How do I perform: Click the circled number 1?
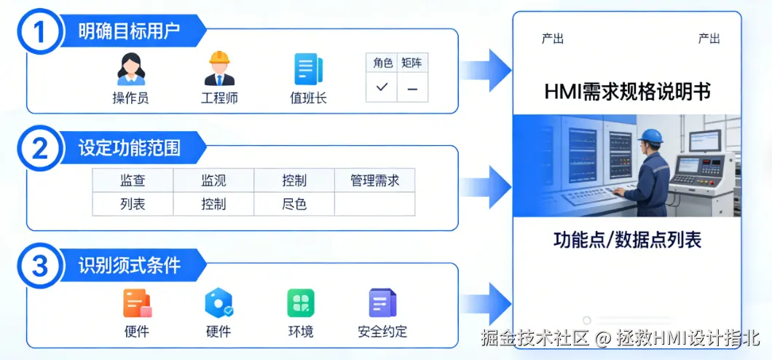pos(41,31)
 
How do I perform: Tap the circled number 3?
pos(41,266)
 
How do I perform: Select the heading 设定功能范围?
pos(129,149)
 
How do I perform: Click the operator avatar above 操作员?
pos(131,69)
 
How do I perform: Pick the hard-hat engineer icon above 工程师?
pos(219,69)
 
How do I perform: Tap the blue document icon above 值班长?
pos(307,69)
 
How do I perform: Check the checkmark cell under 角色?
pos(382,87)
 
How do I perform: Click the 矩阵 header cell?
pos(412,63)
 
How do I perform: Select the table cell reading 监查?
pos(133,181)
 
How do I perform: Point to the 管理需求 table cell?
pos(374,181)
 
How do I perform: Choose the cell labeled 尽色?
pos(294,204)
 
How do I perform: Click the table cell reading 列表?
pos(133,204)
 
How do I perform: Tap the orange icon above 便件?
pos(137,303)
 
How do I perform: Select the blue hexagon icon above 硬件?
pos(218,303)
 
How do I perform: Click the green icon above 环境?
pos(300,303)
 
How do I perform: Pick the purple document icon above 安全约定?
pos(382,303)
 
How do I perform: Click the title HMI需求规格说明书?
pos(627,92)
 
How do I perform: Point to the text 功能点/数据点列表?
pos(627,240)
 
